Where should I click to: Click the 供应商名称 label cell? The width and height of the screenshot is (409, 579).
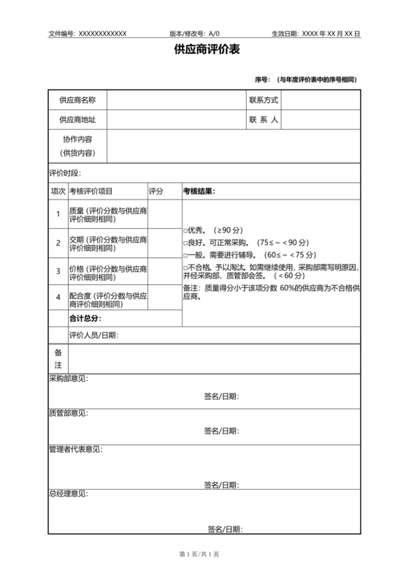coord(77,99)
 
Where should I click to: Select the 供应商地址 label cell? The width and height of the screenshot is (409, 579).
coord(77,119)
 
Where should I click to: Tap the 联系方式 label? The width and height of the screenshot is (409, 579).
coord(264,99)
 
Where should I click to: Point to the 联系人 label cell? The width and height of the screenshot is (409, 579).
coord(264,119)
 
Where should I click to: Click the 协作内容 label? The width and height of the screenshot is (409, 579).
coord(77,139)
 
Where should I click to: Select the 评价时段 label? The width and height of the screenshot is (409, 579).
coord(65,173)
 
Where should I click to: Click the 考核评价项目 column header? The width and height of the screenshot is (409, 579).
coord(91,191)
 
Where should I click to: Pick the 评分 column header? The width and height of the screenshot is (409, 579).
coord(156,191)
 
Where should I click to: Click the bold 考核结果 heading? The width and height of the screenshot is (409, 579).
coord(199,191)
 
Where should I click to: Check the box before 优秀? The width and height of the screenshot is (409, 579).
coord(186,230)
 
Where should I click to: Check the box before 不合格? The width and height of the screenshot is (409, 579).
coord(186,268)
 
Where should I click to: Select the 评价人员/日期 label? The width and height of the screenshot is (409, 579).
coord(93,336)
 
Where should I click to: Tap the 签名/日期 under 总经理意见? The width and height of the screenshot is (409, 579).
coord(225,529)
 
